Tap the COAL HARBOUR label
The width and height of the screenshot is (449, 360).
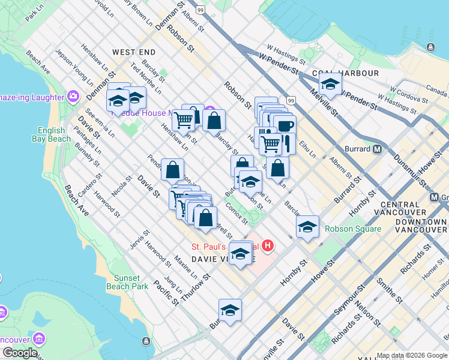(x=350, y=73)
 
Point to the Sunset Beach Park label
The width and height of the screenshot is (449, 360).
(x=127, y=282)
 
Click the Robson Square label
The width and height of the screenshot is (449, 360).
(x=353, y=229)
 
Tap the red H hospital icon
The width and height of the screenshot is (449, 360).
(x=268, y=246)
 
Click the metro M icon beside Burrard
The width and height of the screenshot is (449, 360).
(x=378, y=148)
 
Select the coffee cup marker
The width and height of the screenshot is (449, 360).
(x=285, y=126)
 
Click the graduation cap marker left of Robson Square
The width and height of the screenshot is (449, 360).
(x=307, y=227)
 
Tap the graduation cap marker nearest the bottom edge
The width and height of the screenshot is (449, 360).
(x=230, y=310)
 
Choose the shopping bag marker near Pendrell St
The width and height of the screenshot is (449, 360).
(x=172, y=170)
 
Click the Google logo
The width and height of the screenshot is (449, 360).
(x=20, y=352)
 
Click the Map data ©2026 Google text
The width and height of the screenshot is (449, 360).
(x=412, y=355)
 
